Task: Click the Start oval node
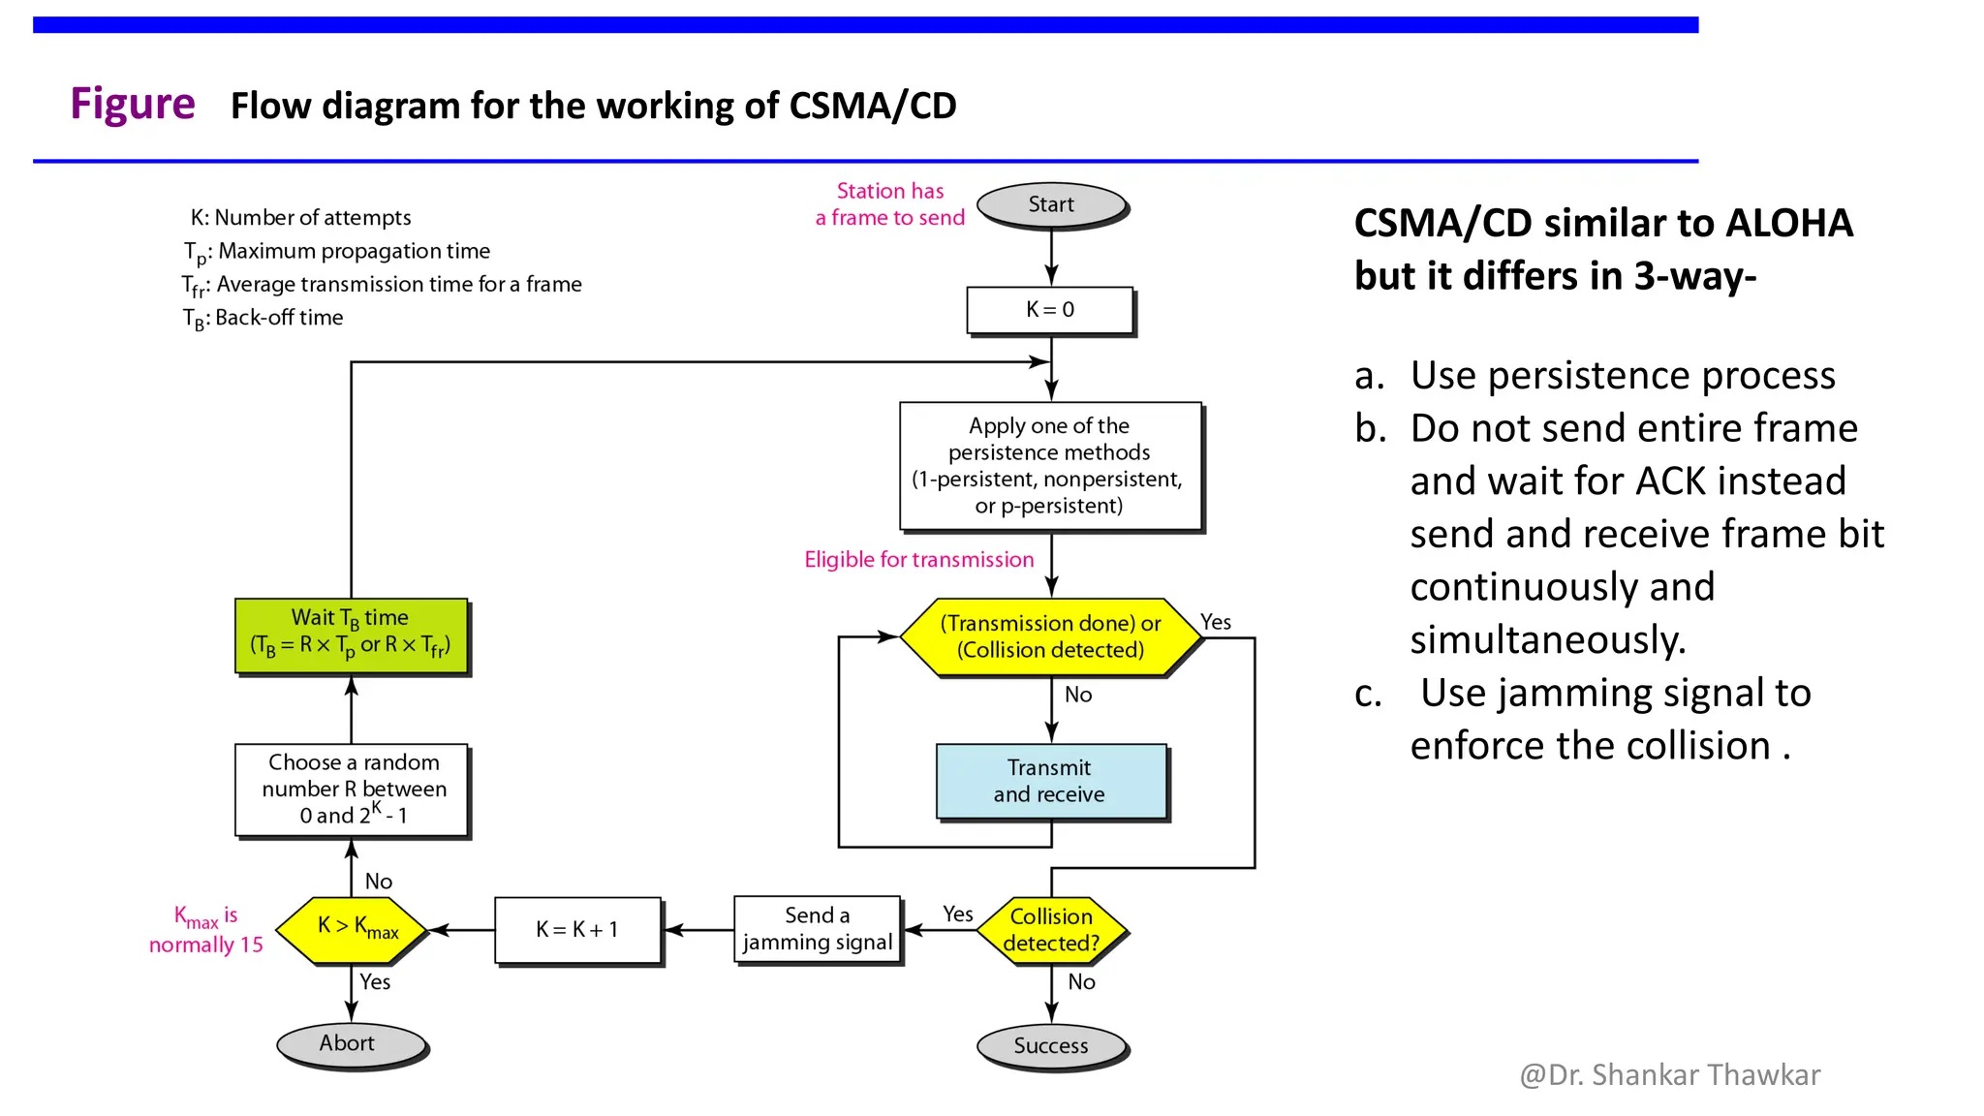[x=1051, y=205]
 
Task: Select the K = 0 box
[x=1050, y=310]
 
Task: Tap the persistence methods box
[x=1050, y=466]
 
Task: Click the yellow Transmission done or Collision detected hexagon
[x=1051, y=636]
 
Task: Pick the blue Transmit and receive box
[x=1051, y=781]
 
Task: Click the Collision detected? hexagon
[x=1051, y=930]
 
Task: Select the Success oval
[x=1051, y=1046]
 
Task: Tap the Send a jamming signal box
[x=818, y=929]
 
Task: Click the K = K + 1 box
[x=577, y=930]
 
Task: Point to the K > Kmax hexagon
[x=352, y=929]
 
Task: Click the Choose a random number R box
[x=352, y=789]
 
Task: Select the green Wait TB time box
[x=352, y=635]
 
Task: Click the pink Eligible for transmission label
[x=918, y=560]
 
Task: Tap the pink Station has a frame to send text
[x=889, y=204]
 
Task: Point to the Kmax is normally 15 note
[x=205, y=930]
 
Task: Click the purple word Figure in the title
[x=133, y=104]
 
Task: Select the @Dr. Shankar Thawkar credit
[x=1669, y=1075]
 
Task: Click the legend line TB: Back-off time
[x=263, y=318]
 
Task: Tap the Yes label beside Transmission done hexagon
[x=1216, y=622]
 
